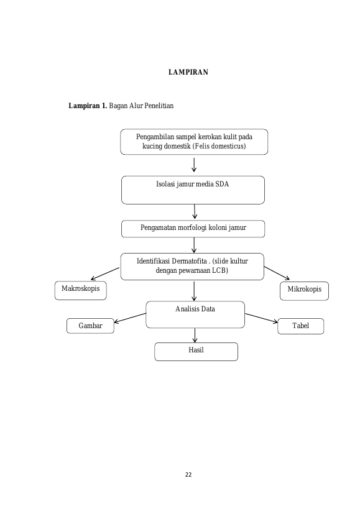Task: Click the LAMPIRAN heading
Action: [188, 72]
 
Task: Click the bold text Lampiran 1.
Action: [88, 106]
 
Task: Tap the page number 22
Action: [188, 475]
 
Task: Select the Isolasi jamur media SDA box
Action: [193, 190]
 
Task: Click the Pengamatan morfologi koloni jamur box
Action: [193, 229]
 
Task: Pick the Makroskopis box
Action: [80, 290]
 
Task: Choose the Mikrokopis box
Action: [304, 291]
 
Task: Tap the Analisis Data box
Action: [195, 314]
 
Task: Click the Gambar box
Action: [90, 326]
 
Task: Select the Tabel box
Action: [300, 326]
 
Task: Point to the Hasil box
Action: [196, 352]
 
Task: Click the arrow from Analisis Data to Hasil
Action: [195, 336]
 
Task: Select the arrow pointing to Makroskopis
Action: [105, 273]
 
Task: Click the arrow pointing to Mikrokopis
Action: [277, 273]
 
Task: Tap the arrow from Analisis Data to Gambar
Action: [130, 318]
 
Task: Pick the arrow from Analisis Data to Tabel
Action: [261, 318]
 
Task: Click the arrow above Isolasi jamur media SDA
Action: [194, 165]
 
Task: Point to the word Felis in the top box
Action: [202, 146]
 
